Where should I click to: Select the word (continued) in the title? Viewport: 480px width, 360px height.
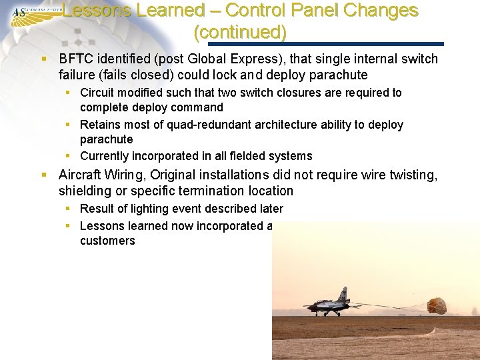coord(239,31)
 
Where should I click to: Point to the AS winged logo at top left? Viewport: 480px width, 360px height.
coord(27,12)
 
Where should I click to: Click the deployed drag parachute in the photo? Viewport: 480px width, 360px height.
coord(437,305)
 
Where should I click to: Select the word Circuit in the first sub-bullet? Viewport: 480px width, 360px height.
coord(98,93)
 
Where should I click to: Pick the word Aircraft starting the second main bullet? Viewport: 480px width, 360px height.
coord(80,175)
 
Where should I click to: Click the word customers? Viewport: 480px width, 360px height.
coord(107,241)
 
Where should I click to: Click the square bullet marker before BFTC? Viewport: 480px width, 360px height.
coord(44,59)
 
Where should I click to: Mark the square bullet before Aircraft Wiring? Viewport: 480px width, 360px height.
coord(44,175)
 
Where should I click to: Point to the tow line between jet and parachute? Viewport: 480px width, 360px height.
coord(393,307)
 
